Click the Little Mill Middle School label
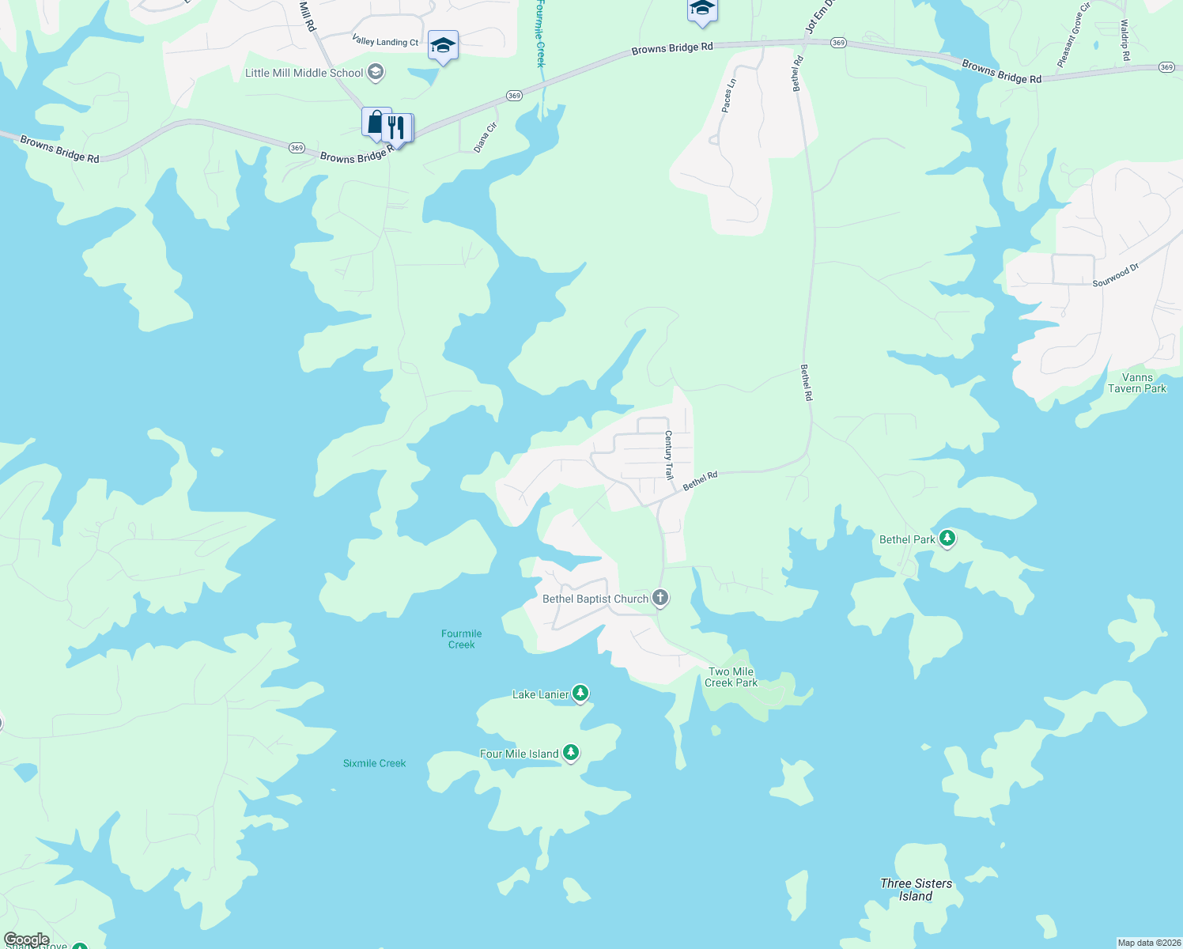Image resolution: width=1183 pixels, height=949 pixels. [304, 73]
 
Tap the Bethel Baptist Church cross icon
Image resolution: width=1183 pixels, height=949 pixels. [660, 598]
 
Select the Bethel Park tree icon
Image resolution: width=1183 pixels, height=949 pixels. [947, 539]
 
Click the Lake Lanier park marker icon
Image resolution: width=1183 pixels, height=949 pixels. [580, 694]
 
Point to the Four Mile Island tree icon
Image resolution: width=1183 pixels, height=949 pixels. [571, 753]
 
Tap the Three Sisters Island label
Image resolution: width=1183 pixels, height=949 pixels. [916, 890]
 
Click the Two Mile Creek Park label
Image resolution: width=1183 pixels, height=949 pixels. [731, 677]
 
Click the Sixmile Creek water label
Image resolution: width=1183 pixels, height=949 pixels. [374, 763]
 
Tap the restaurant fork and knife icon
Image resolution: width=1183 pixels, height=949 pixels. [396, 127]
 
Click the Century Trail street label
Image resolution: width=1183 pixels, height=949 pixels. [668, 456]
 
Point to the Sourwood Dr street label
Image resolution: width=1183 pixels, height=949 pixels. [1116, 275]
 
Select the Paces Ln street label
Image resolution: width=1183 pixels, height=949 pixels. [729, 96]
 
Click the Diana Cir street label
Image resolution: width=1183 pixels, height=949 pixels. [486, 138]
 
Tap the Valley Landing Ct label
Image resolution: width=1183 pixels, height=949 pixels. [385, 42]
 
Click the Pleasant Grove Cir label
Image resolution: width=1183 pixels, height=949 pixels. [1073, 36]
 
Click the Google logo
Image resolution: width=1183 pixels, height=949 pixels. [26, 940]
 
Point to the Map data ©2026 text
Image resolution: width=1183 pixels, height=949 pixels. [1148, 943]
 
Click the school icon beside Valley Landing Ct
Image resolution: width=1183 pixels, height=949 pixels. [443, 46]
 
